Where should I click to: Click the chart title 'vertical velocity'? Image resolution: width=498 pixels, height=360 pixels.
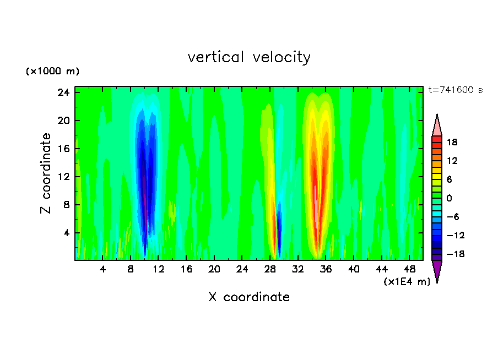[x=249, y=57]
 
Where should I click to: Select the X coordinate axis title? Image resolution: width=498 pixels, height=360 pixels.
[x=249, y=297]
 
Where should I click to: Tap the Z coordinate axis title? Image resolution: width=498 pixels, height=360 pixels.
[x=46, y=173]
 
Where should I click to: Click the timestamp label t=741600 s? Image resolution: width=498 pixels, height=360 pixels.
[x=455, y=90]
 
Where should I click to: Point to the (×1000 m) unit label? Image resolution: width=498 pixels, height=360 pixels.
[x=52, y=72]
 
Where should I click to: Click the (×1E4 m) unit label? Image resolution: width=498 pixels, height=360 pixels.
[x=407, y=282]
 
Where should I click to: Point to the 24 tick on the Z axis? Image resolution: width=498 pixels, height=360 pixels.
[x=63, y=92]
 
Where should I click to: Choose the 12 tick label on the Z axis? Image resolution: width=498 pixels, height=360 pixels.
[x=63, y=177]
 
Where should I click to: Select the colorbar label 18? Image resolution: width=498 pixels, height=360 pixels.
[x=452, y=142]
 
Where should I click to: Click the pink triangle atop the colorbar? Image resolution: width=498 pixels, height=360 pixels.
[x=437, y=126]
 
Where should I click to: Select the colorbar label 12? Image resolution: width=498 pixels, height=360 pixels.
[x=452, y=161]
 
